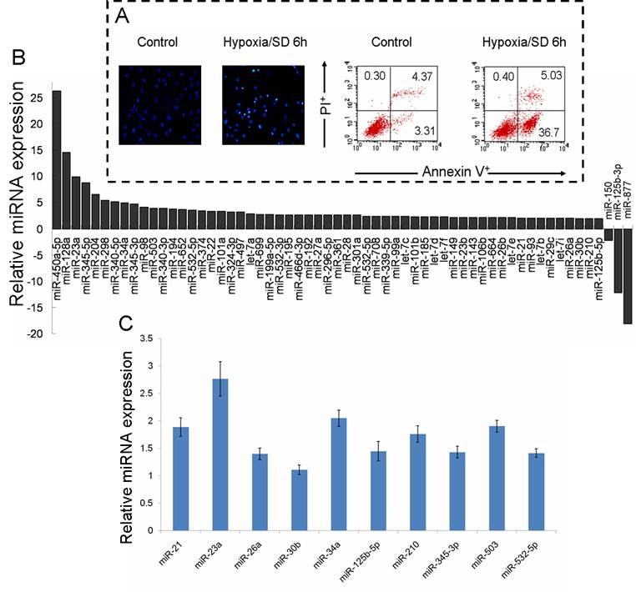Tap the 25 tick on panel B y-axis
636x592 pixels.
(33, 98)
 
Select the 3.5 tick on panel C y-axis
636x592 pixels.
(144, 338)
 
